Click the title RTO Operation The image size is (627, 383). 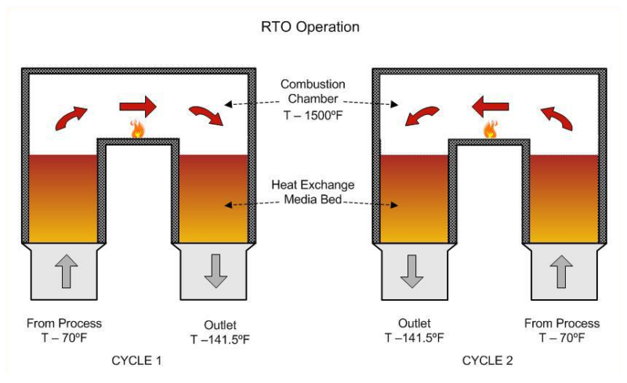pyautogui.click(x=310, y=27)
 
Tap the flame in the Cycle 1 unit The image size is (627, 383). pyautogui.click(x=138, y=129)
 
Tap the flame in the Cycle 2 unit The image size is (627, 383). pyautogui.click(x=491, y=129)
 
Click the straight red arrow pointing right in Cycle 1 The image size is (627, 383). pyautogui.click(x=138, y=105)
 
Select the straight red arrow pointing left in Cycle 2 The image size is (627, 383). pyautogui.click(x=491, y=105)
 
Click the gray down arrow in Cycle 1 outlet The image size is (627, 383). pyautogui.click(x=214, y=270)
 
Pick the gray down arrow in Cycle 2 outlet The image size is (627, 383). pyautogui.click(x=412, y=270)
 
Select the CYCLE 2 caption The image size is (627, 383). pyautogui.click(x=488, y=361)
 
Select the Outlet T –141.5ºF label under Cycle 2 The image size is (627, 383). pyautogui.click(x=414, y=330)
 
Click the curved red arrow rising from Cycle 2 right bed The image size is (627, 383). pyautogui.click(x=558, y=115)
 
